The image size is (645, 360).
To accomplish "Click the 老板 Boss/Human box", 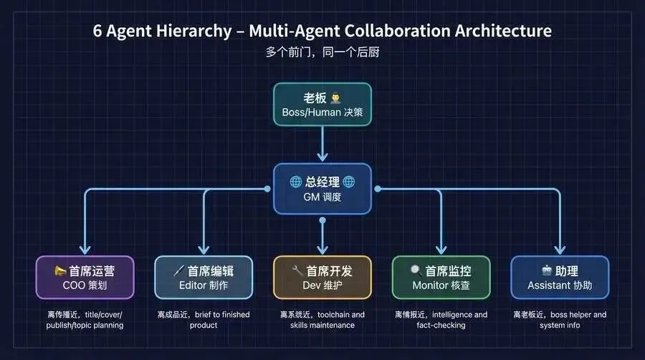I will tap(322, 105).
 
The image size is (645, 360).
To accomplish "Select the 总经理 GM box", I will tap(322, 189).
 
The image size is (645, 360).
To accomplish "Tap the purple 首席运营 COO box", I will tap(85, 278).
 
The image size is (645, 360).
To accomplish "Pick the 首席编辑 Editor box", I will tap(203, 278).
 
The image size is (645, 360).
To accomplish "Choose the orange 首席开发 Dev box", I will tap(322, 278).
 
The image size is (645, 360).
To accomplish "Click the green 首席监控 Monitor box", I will tap(441, 278).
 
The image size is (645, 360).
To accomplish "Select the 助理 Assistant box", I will tap(560, 278).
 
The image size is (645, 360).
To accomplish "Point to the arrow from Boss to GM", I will tap(322, 143).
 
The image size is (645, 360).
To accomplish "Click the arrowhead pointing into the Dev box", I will tap(322, 248).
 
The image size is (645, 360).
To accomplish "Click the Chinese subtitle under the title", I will tap(322, 52).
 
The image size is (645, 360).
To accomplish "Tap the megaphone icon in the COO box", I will tap(59, 271).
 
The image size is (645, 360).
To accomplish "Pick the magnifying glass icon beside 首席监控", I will tap(416, 271).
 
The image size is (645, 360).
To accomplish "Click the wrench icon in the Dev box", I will tap(297, 271).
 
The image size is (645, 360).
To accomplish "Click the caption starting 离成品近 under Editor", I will tap(203, 319).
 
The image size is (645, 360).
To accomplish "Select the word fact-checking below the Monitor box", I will tap(441, 325).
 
